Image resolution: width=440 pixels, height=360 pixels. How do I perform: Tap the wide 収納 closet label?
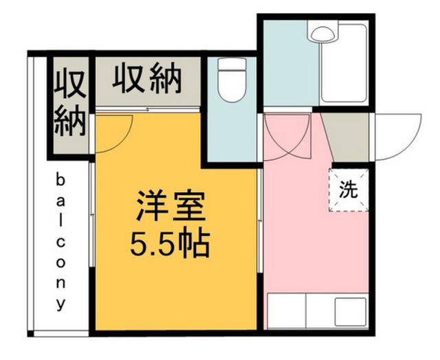147,80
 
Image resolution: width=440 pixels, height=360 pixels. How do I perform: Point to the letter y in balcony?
60,302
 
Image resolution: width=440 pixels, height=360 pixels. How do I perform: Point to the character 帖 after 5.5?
195,242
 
